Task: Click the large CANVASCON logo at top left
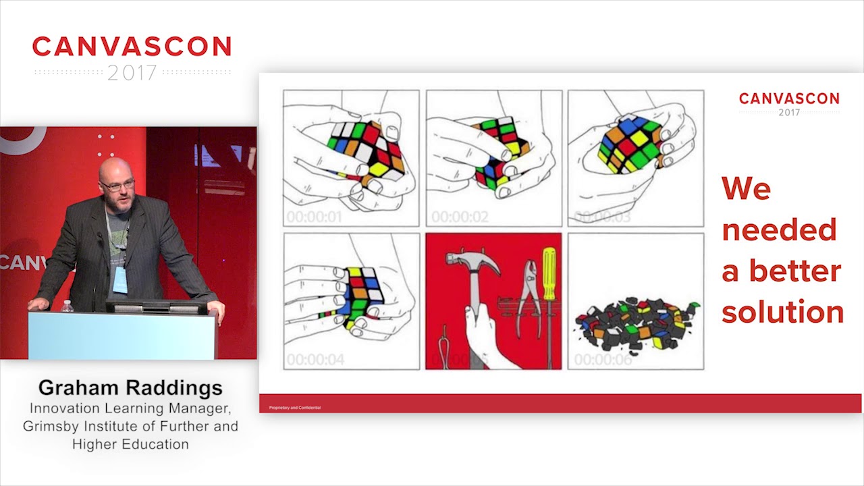tap(132, 47)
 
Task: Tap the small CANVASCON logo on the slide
tap(789, 99)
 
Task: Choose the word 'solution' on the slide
tap(782, 312)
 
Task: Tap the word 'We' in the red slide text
tap(746, 188)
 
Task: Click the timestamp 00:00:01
tap(314, 217)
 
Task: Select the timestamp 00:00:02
tap(459, 217)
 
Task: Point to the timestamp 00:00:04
tap(314, 360)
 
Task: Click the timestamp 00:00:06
tap(603, 360)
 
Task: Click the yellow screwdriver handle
tap(549, 273)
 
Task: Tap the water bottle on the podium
tap(67, 306)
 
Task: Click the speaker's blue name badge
tap(120, 279)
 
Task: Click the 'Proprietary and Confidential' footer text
tap(295, 408)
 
